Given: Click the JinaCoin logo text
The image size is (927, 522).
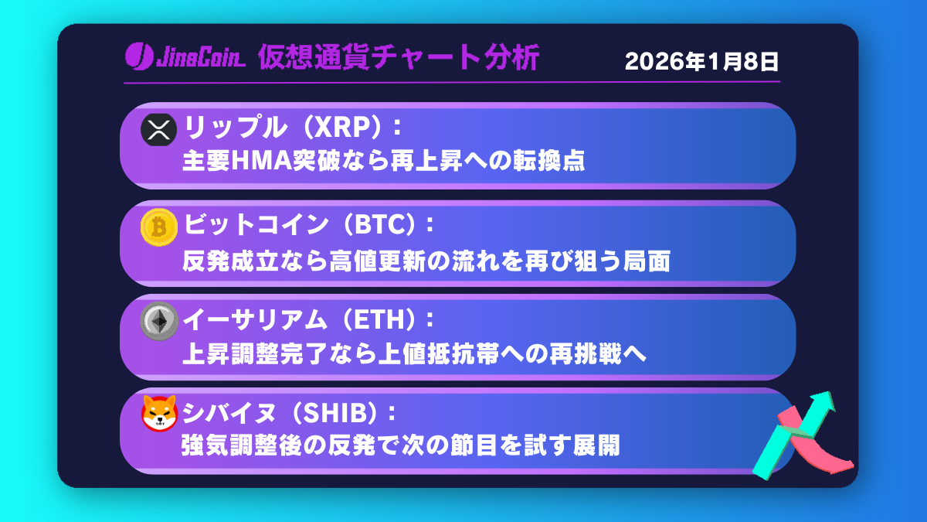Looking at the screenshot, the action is (201, 56).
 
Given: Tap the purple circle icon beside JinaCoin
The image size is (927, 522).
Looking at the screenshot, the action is (139, 56).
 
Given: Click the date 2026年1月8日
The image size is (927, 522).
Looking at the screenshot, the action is (702, 62).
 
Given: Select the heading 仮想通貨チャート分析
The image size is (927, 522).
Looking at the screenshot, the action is (399, 57).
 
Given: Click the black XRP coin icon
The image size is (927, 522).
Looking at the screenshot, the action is (158, 130).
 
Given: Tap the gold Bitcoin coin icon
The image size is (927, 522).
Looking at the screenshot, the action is (159, 227).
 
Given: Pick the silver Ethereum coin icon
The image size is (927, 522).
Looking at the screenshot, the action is (159, 321).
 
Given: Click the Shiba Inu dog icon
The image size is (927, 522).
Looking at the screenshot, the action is (159, 414).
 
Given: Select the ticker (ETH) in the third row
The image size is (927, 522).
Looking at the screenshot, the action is (379, 319).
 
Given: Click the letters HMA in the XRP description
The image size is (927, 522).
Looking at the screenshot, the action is (262, 161).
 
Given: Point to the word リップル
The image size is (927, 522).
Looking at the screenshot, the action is (235, 127).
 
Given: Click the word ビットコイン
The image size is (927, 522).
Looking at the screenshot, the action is (256, 224).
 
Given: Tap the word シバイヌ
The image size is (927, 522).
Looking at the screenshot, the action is (229, 413).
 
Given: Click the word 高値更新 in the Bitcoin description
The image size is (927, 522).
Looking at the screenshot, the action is (378, 261).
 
